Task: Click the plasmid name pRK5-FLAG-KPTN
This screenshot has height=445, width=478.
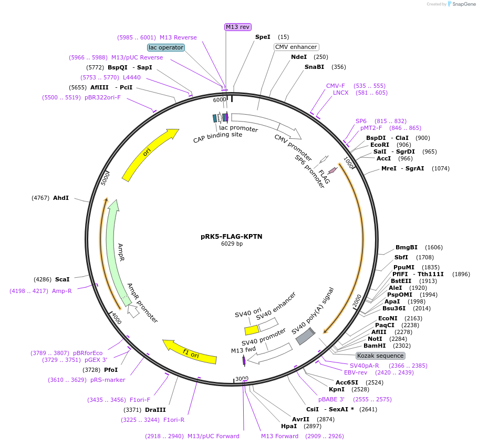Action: tap(231, 237)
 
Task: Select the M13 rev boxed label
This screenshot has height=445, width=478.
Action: tap(238, 27)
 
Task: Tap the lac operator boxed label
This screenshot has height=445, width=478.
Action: tap(166, 47)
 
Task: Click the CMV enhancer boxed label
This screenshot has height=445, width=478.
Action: tap(296, 47)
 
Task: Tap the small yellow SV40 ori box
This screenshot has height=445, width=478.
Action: tap(252, 330)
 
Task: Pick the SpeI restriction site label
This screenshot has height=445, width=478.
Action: tap(263, 37)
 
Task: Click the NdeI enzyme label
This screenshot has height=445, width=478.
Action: tap(299, 57)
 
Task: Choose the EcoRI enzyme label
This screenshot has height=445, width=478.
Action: tap(379, 145)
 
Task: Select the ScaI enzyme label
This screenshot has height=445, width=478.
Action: tap(62, 280)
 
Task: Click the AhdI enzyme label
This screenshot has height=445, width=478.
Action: tap(61, 198)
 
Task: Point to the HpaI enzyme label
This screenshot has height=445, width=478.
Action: tap(289, 426)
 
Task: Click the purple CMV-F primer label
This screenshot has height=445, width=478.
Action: tap(335, 86)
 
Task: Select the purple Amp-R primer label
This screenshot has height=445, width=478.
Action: tap(61, 291)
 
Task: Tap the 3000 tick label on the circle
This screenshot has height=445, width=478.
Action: tap(242, 379)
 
